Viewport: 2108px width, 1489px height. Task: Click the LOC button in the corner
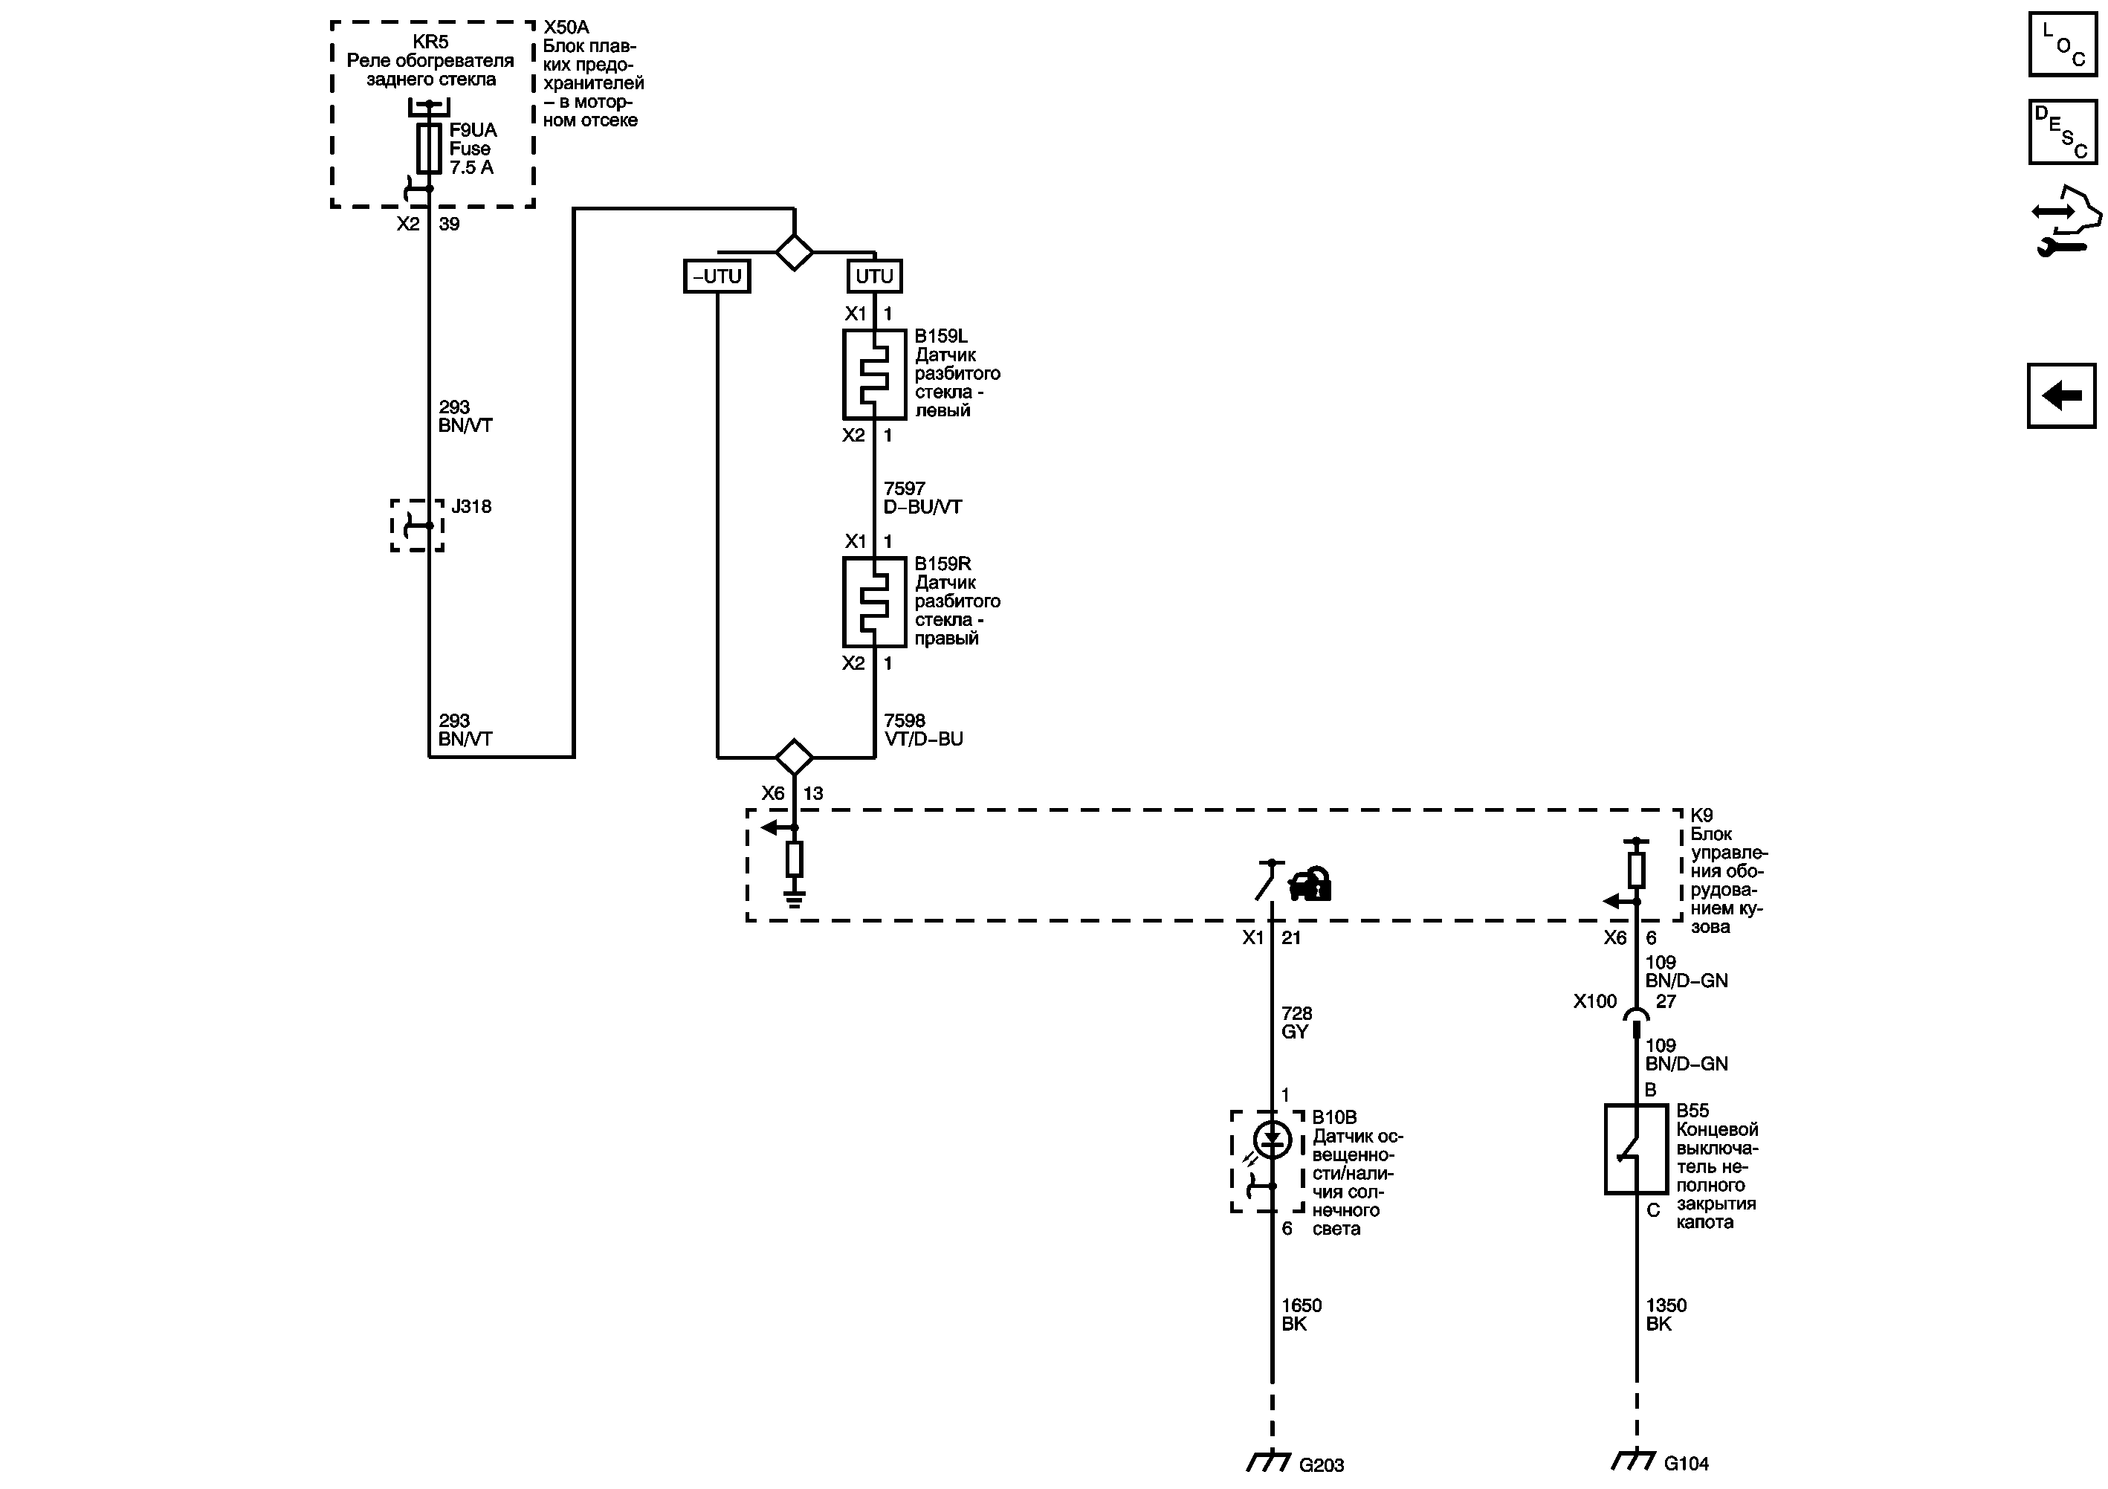[2062, 44]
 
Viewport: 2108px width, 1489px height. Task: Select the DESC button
[2062, 132]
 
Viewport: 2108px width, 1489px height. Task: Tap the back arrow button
[2062, 396]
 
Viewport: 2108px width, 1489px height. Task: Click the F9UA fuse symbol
[429, 149]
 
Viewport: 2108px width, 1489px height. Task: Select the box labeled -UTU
[717, 277]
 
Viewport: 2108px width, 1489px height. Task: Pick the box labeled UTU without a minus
[874, 277]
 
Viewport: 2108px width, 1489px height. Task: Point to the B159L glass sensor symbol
[874, 375]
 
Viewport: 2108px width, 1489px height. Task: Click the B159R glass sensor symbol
[874, 602]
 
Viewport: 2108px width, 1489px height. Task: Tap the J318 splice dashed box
[418, 525]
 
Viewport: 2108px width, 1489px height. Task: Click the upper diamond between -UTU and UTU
[794, 251]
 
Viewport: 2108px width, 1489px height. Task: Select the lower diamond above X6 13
[794, 758]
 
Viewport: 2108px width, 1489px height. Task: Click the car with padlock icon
[1310, 885]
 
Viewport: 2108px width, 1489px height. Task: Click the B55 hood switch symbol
[1636, 1149]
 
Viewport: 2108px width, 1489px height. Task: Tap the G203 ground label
[1321, 1465]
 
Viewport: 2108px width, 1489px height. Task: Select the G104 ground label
[1686, 1463]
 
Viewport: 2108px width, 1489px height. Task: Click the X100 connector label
[1595, 1001]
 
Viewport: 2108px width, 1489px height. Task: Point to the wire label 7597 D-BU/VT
[922, 497]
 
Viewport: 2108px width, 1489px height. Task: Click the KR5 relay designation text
[430, 42]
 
